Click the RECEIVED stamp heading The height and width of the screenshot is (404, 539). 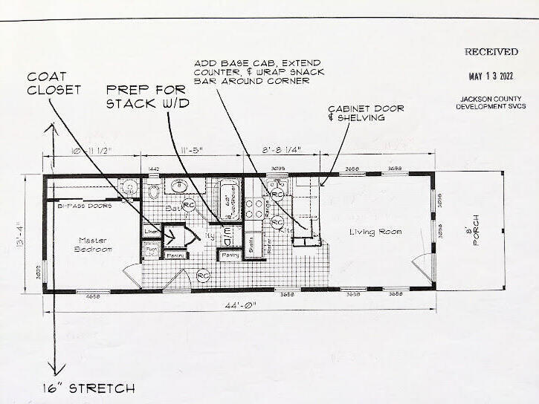coord(491,52)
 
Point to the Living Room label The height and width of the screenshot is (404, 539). coord(375,232)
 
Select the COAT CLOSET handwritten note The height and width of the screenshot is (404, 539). coord(54,83)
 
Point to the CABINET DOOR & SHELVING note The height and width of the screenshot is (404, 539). coord(367,113)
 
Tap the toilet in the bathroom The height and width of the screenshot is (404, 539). coord(155,192)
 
